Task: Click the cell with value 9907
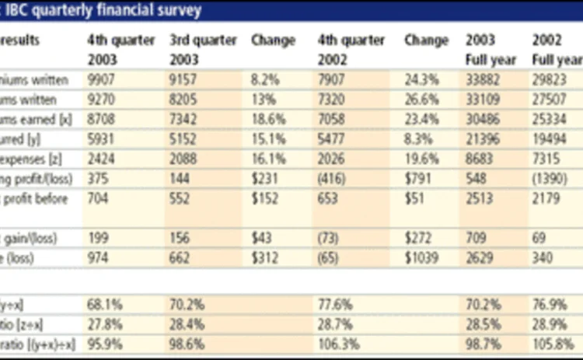click(x=102, y=80)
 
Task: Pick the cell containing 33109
click(x=482, y=100)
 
